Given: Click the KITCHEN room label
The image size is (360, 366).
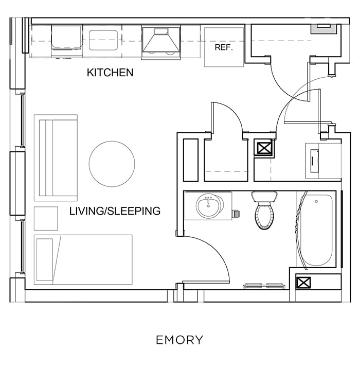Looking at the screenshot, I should coord(110,73).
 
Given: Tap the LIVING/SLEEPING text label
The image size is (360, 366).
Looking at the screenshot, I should coord(115,211).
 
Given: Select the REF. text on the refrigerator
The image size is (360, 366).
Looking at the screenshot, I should coord(224,48).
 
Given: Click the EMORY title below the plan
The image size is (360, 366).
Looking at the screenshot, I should coord(179,340).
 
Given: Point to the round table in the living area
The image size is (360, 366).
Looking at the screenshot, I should coord(112,164).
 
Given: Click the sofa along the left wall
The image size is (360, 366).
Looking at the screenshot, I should coord(56,158).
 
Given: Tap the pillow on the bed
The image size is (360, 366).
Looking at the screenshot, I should coord(45,259).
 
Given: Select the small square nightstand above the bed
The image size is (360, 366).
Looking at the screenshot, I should coord(46,218).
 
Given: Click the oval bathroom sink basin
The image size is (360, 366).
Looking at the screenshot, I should coord(208,207).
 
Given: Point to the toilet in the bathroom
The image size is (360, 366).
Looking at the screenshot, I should coord(265,212).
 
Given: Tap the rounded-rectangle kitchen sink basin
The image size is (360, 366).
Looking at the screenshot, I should coord(104,40).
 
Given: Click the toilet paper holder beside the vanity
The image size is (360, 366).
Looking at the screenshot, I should coord(237,212).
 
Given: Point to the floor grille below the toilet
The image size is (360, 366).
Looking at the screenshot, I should coord(264,286).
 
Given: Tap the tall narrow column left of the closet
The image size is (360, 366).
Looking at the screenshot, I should coord(190,159).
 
